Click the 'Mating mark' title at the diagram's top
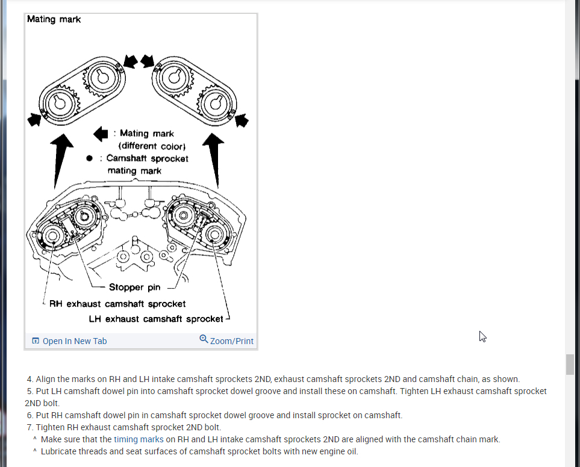[54, 19]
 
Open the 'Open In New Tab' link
[69, 341]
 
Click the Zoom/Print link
[226, 340]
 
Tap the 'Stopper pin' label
[134, 287]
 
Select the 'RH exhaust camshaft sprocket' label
[117, 304]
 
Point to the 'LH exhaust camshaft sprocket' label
[155, 319]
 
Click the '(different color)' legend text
[152, 146]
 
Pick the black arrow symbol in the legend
[101, 133]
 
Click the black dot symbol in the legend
[89, 158]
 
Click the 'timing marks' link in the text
[139, 439]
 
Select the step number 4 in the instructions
[30, 379]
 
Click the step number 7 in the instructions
[30, 427]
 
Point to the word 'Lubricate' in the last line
[59, 451]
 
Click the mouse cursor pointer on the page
[482, 336]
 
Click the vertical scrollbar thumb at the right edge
[570, 365]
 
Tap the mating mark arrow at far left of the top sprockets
[34, 119]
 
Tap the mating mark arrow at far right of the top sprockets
[242, 120]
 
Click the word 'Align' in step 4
[46, 379]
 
